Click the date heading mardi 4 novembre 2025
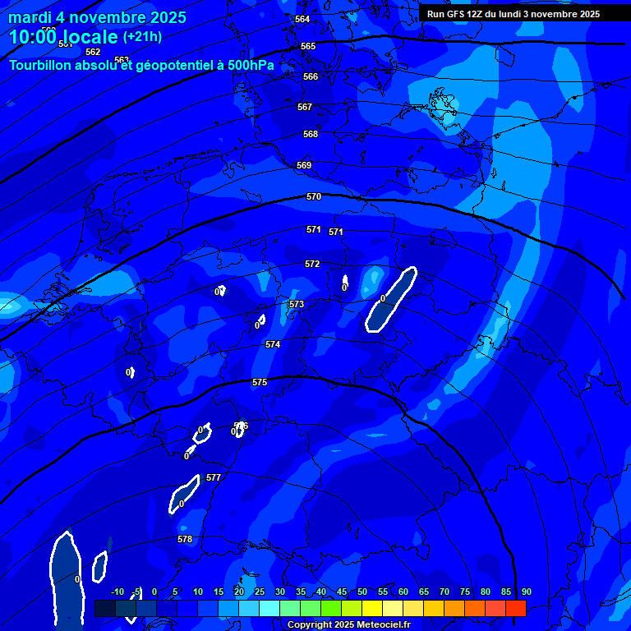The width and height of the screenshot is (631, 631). (97, 17)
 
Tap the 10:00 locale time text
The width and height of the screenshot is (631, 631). (63, 37)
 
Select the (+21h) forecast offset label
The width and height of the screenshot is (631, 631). (142, 37)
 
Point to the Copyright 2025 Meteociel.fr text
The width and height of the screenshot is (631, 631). (348, 625)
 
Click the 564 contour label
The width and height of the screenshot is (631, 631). (302, 19)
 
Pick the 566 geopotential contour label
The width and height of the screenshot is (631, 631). (310, 76)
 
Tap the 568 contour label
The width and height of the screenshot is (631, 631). (310, 134)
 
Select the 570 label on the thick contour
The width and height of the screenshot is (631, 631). (313, 196)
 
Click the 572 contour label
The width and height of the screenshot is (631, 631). (312, 264)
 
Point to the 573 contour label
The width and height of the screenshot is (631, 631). (297, 304)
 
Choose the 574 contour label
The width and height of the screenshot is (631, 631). (273, 344)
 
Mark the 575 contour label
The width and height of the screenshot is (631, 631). (260, 382)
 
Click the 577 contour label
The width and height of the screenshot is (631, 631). (214, 477)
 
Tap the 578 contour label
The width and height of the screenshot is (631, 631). (185, 539)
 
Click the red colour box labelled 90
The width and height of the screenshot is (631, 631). (515, 608)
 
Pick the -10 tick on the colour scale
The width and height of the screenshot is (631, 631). (117, 592)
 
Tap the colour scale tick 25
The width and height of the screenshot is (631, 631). (260, 592)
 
